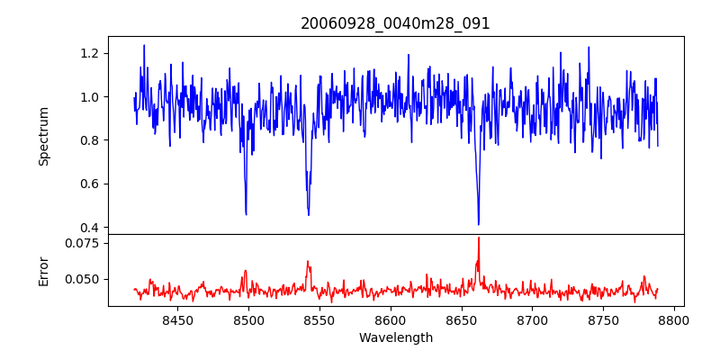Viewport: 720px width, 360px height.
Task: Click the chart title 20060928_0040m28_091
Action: tap(395, 23)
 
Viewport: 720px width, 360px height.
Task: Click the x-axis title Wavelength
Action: tap(395, 338)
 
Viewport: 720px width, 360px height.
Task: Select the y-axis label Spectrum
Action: tap(44, 136)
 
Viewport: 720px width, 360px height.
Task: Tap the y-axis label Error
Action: tap(44, 270)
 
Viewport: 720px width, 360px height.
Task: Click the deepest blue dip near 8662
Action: tap(479, 224)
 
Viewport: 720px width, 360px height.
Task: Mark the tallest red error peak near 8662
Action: tap(479, 238)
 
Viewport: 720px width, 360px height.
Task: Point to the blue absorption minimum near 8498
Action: tap(246, 214)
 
